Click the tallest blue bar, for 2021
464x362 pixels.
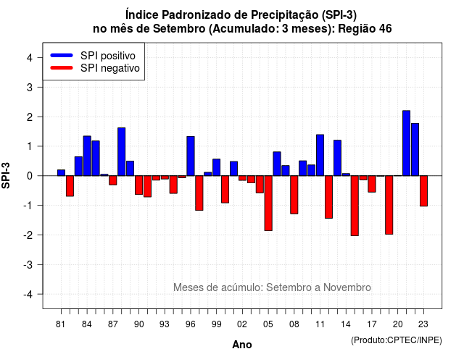click(x=406, y=143)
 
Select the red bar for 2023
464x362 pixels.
click(x=423, y=191)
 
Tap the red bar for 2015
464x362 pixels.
click(x=355, y=206)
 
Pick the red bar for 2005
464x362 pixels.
click(x=268, y=203)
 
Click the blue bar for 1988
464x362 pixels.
click(x=121, y=151)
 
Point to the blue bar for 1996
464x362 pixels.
click(x=191, y=156)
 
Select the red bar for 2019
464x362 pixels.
click(x=389, y=205)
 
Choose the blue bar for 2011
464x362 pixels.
click(x=320, y=155)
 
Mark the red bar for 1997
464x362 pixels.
click(x=199, y=193)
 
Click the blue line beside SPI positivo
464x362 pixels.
click(x=62, y=55)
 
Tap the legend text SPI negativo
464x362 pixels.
click(x=109, y=68)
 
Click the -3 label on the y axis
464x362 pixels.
click(x=28, y=264)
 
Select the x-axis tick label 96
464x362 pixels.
click(x=190, y=324)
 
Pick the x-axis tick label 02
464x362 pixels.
click(x=241, y=324)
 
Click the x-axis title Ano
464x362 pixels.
click(x=241, y=345)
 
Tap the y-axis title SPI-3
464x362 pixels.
click(x=6, y=175)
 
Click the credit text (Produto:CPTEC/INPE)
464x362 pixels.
click(x=397, y=340)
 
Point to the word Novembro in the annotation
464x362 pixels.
click(x=347, y=287)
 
